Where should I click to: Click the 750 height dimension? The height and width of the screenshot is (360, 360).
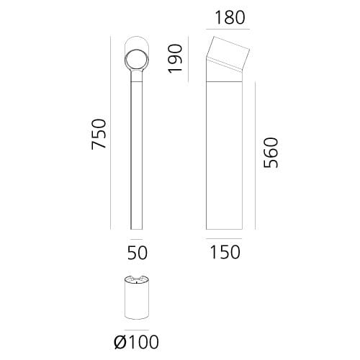[99, 134]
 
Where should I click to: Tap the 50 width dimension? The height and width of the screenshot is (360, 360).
[137, 253]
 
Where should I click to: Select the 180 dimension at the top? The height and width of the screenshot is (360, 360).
[228, 16]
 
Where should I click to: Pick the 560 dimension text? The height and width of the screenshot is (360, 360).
[271, 152]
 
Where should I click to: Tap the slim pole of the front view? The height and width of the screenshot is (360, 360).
[136, 151]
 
